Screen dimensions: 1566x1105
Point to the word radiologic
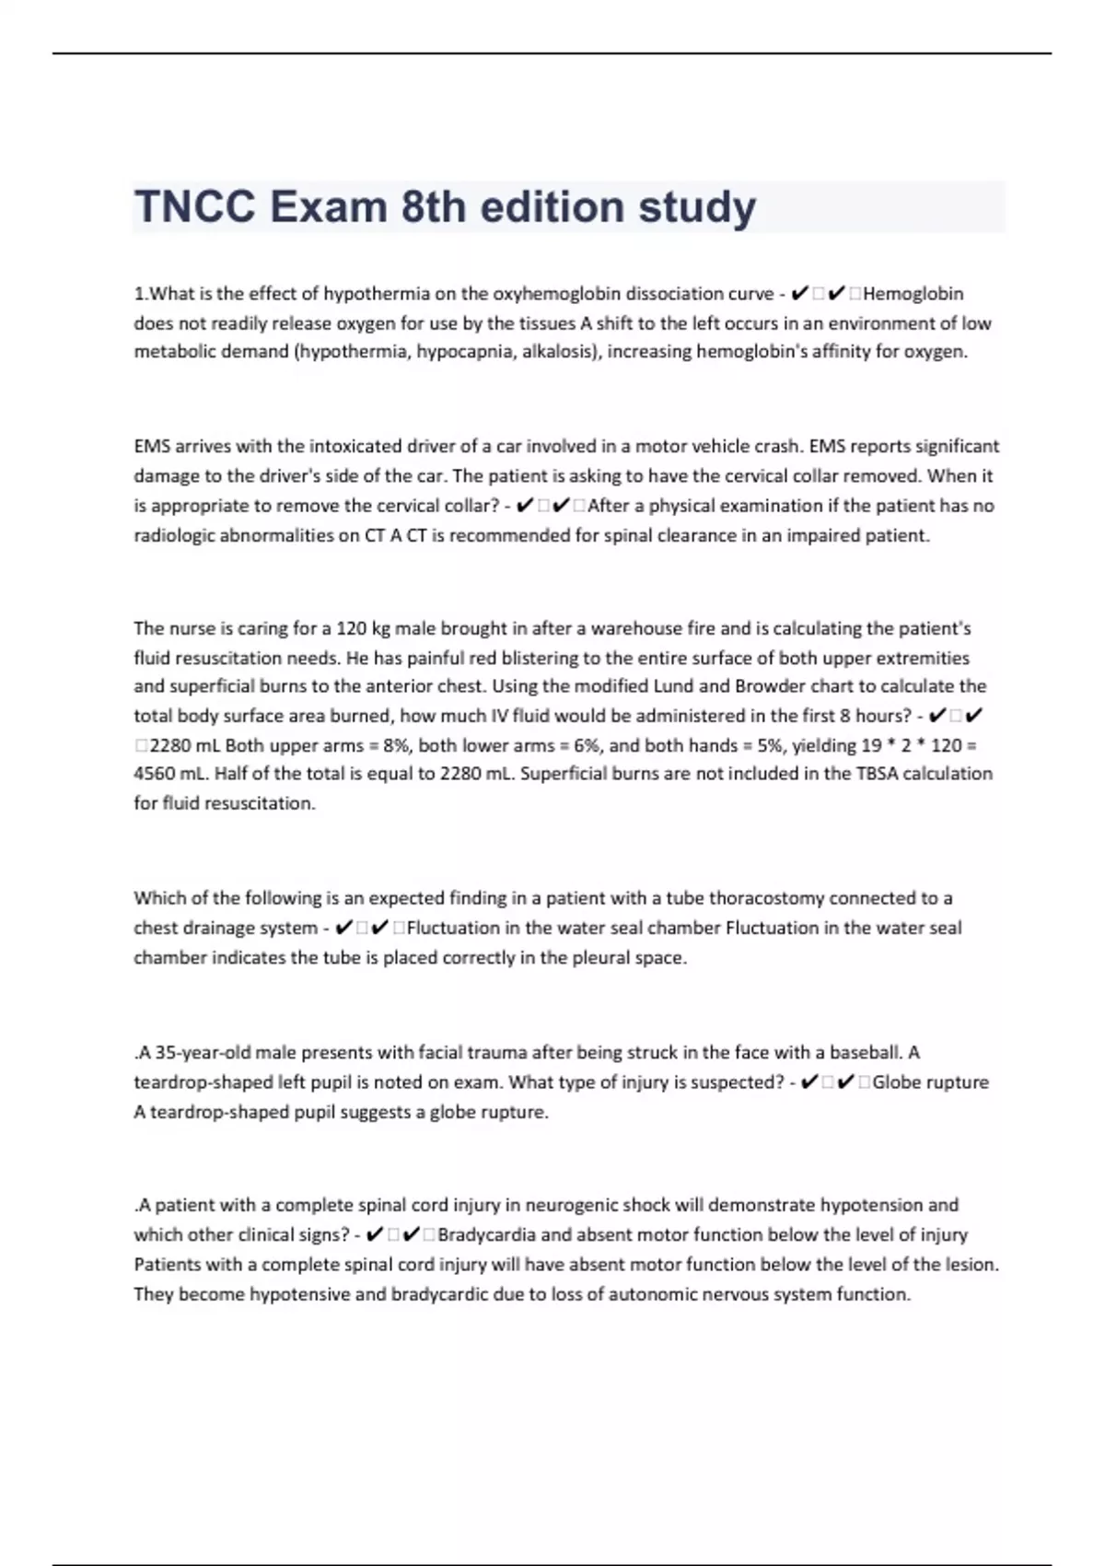click(x=174, y=536)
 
